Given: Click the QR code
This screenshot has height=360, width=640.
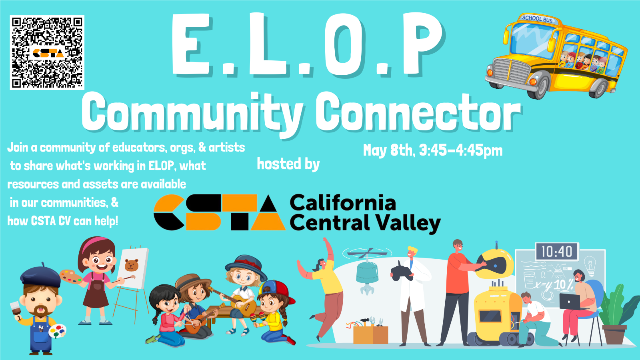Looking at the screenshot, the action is (47, 52).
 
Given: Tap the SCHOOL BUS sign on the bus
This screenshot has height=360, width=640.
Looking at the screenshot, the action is (537, 19).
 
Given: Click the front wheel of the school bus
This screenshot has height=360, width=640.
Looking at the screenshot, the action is (540, 85).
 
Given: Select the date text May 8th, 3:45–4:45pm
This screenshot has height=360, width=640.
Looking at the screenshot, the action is (432, 150).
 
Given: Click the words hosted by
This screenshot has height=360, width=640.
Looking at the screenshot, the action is (288, 164).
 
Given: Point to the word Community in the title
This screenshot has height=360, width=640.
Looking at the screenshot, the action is (192, 113).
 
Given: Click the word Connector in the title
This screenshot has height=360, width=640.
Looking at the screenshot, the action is (418, 113).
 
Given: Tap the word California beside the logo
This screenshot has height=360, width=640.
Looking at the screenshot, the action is (343, 202).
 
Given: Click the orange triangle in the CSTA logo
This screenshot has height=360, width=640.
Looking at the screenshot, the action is (268, 222).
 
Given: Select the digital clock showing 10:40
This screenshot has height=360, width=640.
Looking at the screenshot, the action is (556, 252).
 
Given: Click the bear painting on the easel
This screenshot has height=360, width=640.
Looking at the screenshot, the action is (132, 265).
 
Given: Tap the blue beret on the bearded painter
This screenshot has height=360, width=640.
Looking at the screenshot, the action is (40, 276).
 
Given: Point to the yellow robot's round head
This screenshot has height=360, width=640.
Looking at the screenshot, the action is (494, 264).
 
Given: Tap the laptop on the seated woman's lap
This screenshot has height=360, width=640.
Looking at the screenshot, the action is (570, 302).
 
